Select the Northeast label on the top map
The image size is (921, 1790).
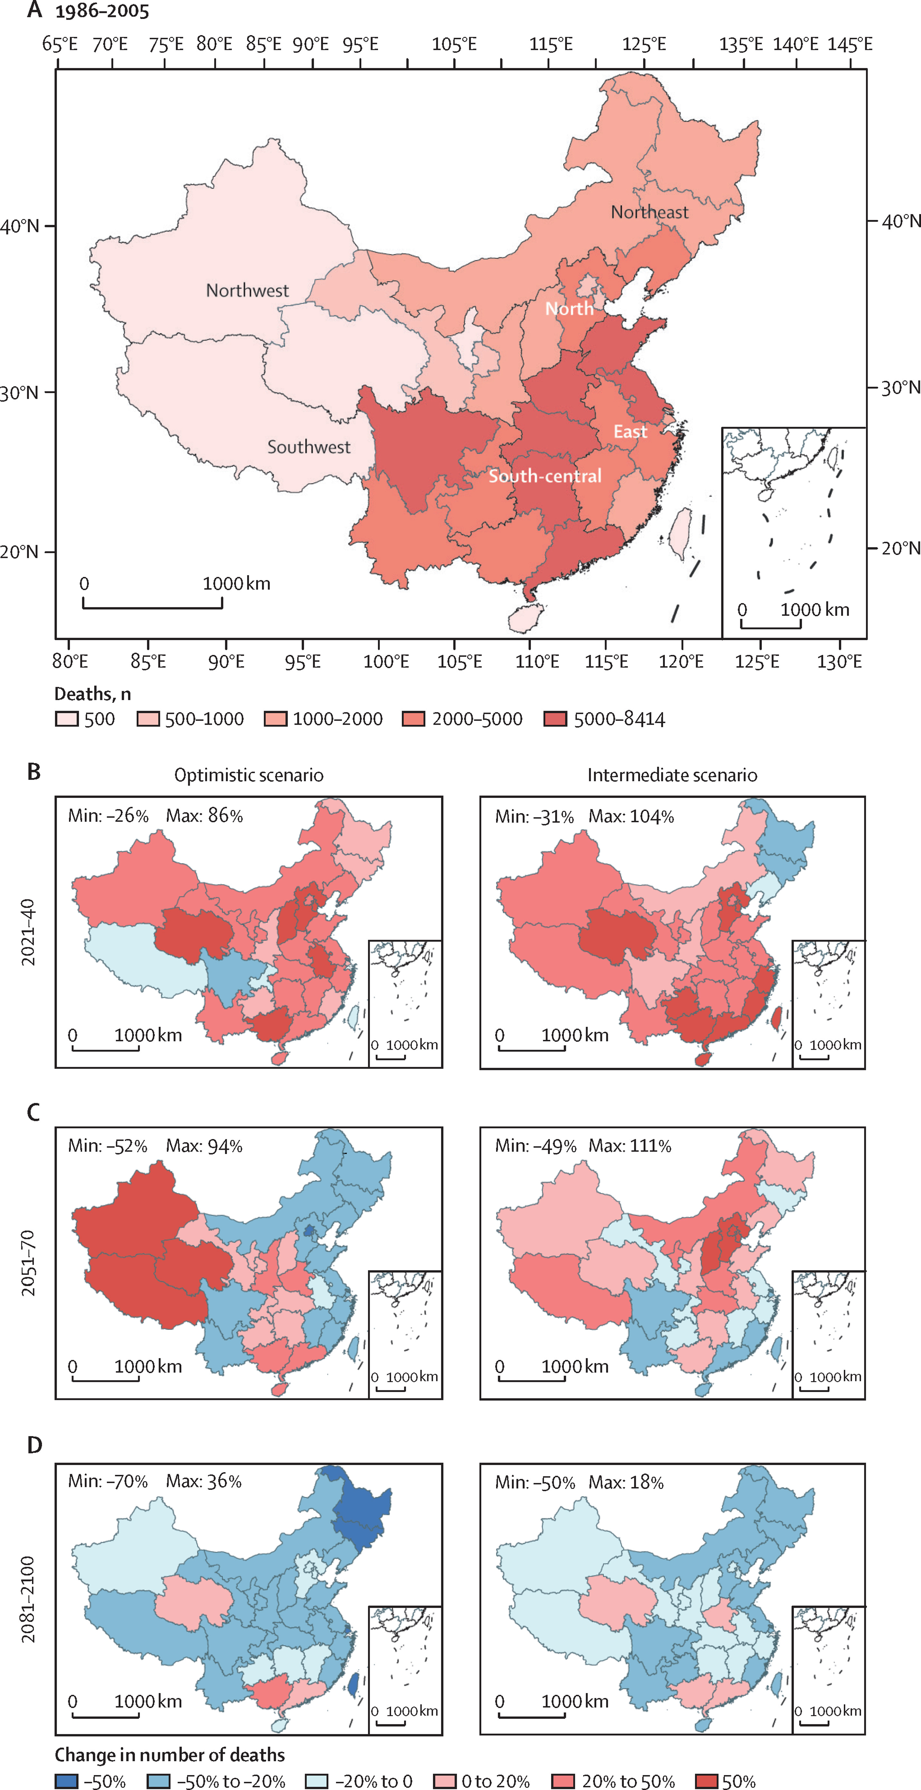pos(649,212)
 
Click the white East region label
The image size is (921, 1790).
pos(630,431)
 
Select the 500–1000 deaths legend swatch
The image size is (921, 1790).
pos(148,718)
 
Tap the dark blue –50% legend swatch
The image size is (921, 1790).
pos(67,1780)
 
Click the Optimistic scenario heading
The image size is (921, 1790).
pos(249,775)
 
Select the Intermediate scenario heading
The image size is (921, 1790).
pos(672,775)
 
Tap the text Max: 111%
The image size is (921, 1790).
pos(630,1146)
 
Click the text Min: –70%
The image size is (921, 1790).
pos(108,1481)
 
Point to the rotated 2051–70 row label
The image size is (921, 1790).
pos(28,1263)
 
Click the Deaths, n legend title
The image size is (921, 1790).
pos(92,694)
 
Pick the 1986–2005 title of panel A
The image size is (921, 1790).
pos(102,11)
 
